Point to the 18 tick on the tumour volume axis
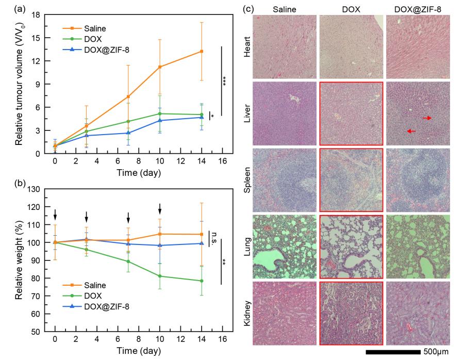point(37,14)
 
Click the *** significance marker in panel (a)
point(225,81)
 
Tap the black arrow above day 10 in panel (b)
point(160,209)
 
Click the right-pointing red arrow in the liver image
point(427,118)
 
